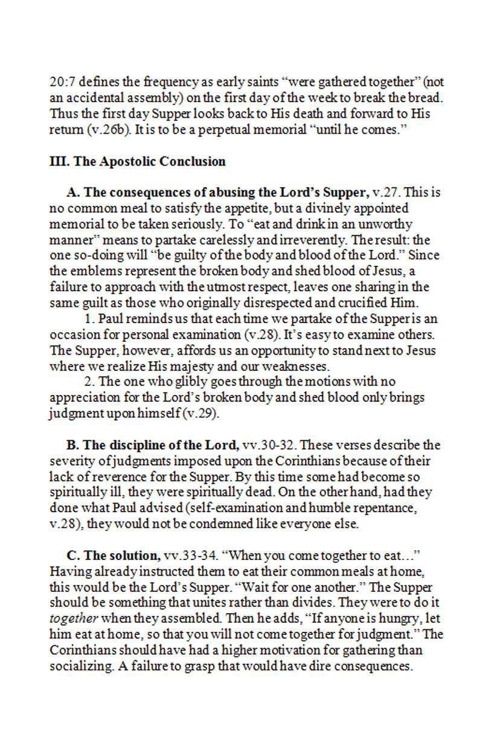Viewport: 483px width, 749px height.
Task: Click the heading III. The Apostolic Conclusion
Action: click(137, 161)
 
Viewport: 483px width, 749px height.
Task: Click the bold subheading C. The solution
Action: click(113, 555)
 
